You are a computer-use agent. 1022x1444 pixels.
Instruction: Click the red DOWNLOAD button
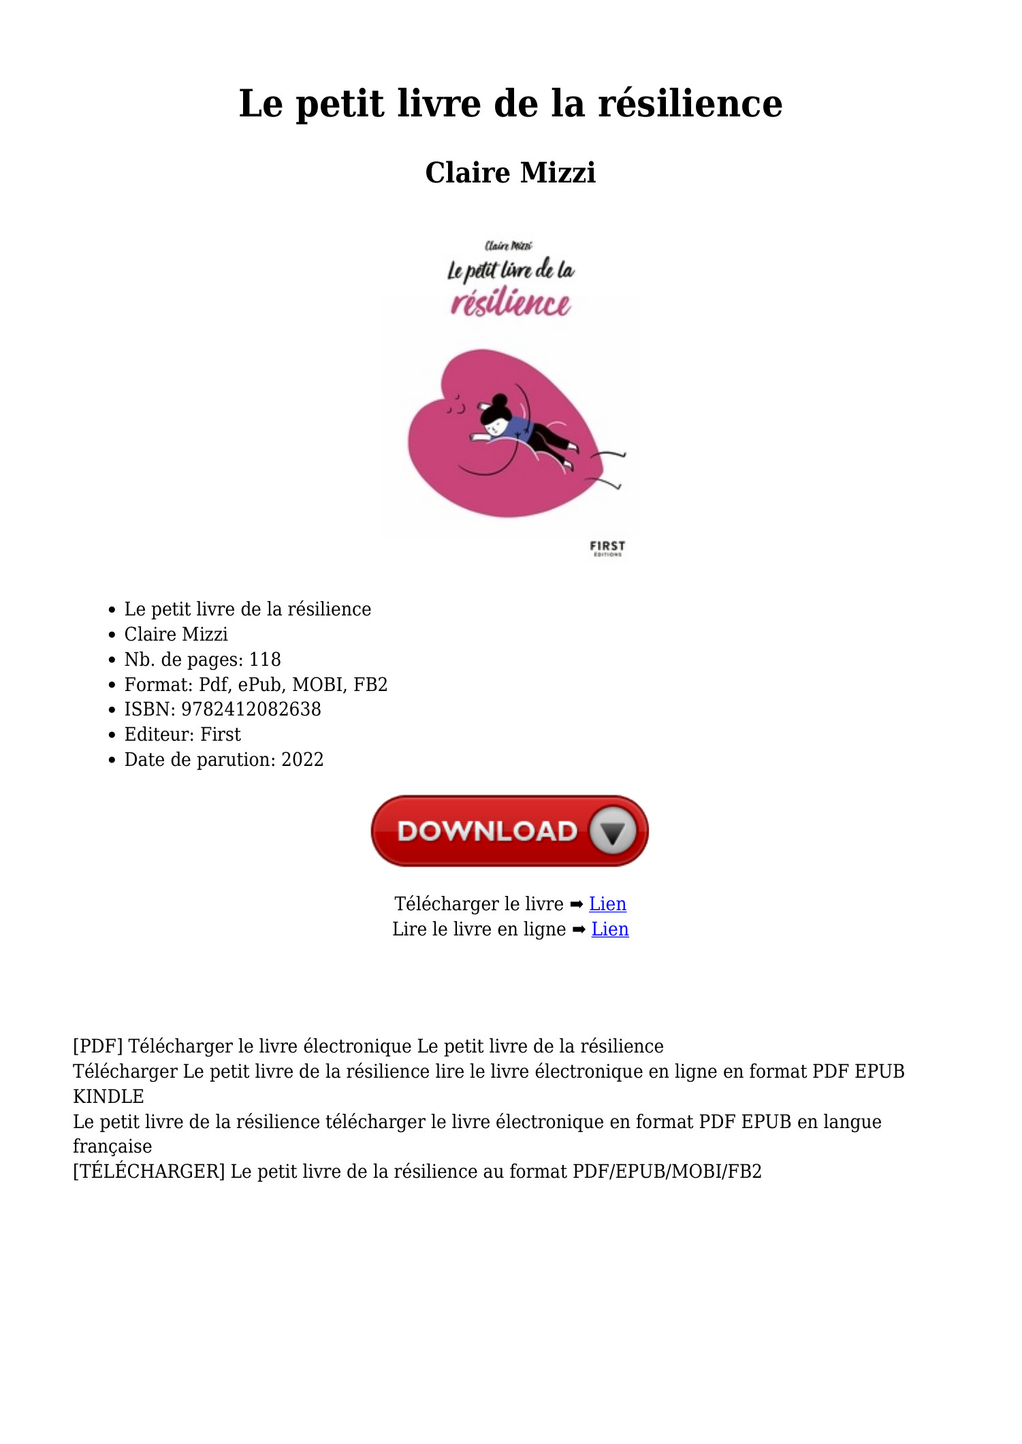509,831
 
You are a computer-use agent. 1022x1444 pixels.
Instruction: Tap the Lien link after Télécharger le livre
607,903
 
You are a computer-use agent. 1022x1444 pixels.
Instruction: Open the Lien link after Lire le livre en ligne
609,929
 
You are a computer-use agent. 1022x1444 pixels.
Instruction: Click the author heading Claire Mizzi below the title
510,172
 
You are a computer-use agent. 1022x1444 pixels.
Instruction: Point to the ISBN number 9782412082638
251,709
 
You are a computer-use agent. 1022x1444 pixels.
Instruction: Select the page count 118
265,659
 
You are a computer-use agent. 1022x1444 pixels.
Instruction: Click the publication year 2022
302,759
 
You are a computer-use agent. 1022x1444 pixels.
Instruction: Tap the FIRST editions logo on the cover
607,548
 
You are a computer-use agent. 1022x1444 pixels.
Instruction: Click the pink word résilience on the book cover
511,303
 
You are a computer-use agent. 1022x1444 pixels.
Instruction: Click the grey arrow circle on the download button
613,831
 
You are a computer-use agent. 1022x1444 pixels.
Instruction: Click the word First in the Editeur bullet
220,734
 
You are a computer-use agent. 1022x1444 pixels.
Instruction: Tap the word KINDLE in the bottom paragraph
108,1096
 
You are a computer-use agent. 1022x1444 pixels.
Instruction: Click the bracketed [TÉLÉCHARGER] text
148,1171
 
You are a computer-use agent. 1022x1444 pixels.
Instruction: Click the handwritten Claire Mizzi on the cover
508,246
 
